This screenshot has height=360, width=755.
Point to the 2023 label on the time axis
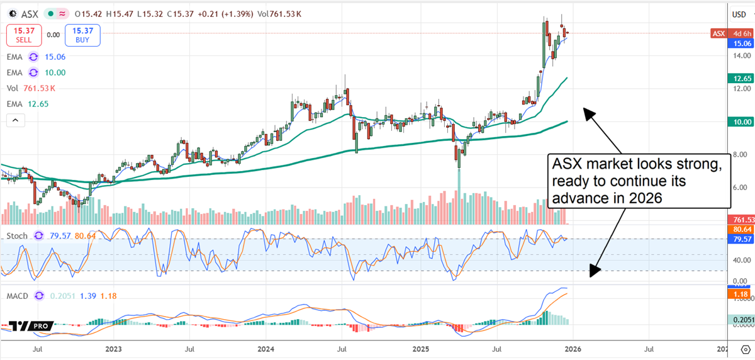[113, 348]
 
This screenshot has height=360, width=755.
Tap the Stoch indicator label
[16, 236]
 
